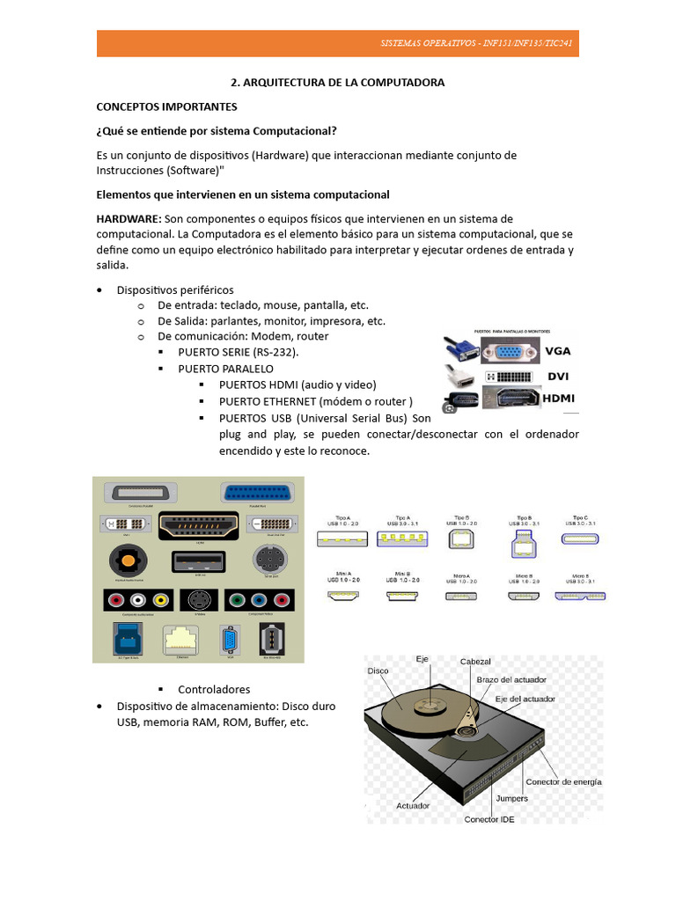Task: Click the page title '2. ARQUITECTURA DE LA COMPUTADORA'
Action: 337,82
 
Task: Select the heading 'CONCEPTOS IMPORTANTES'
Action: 166,106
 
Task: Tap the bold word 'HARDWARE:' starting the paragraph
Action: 129,218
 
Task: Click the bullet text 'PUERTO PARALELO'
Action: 225,369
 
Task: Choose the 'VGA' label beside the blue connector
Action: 558,350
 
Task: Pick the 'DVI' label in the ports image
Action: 558,376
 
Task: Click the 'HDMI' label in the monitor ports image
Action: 558,399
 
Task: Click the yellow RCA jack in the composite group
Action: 160,601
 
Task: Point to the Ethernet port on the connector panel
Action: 182,640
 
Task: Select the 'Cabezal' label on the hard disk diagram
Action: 475,661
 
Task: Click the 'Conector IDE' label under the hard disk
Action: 489,819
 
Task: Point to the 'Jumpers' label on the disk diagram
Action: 512,798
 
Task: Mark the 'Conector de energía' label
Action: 563,781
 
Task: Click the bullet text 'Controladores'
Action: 214,689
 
